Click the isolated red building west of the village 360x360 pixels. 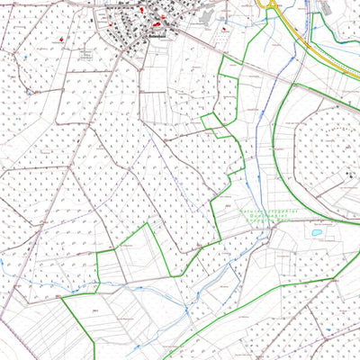(x=60, y=39)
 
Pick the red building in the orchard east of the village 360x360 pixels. (x=224, y=29)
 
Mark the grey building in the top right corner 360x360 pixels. (x=326, y=7)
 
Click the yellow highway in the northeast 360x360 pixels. (x=310, y=45)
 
